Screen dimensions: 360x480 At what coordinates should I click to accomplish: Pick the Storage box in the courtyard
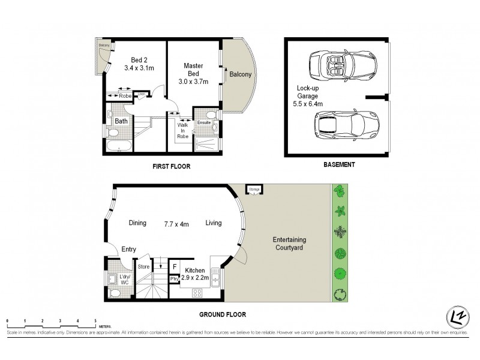pyautogui.click(x=254, y=190)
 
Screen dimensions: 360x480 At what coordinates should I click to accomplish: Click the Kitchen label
pyautogui.click(x=196, y=271)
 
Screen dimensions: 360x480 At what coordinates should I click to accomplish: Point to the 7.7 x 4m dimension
pyautogui.click(x=176, y=224)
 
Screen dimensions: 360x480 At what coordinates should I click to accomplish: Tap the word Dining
pyautogui.click(x=137, y=223)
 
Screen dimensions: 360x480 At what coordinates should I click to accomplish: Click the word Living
pyautogui.click(x=214, y=223)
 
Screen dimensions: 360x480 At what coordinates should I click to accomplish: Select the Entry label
pyautogui.click(x=128, y=250)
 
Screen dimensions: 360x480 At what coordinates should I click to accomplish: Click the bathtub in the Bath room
pyautogui.click(x=120, y=146)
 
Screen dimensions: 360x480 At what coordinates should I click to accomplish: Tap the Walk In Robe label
pyautogui.click(x=182, y=130)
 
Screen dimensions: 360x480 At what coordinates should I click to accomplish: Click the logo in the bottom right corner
pyautogui.click(x=457, y=317)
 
